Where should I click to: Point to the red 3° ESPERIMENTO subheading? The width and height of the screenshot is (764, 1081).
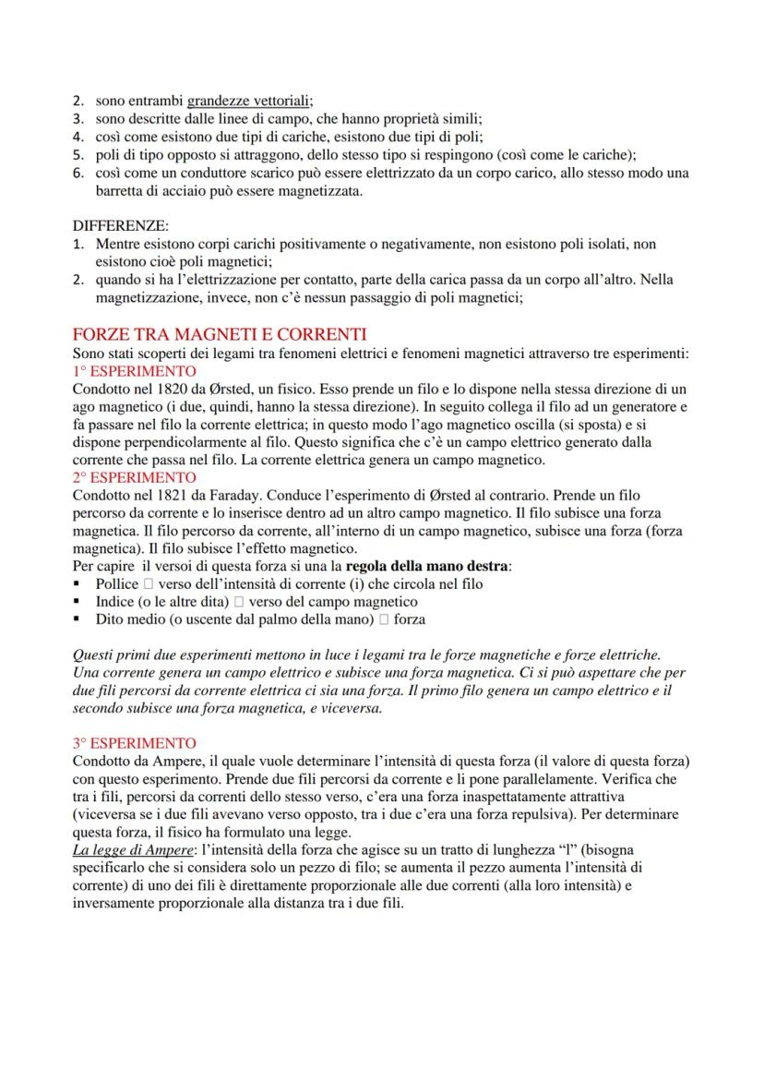point(135,743)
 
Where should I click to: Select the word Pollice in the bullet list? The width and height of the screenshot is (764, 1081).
point(116,583)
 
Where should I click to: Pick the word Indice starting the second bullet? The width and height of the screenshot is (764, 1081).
point(114,601)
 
